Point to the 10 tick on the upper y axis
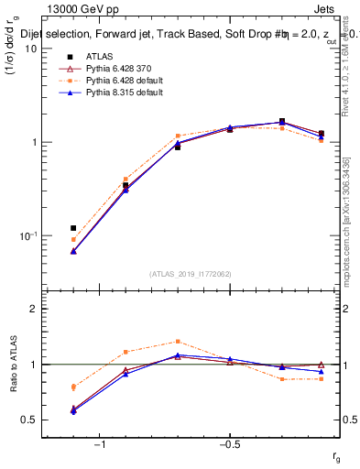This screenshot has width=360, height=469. (x=30, y=49)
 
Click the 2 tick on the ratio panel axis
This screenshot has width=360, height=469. (x=33, y=309)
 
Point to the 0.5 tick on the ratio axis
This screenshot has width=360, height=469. (x=29, y=420)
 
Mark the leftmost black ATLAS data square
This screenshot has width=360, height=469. (x=73, y=227)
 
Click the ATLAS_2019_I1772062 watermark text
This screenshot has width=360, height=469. (x=191, y=274)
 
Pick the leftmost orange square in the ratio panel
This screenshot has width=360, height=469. (x=73, y=387)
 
